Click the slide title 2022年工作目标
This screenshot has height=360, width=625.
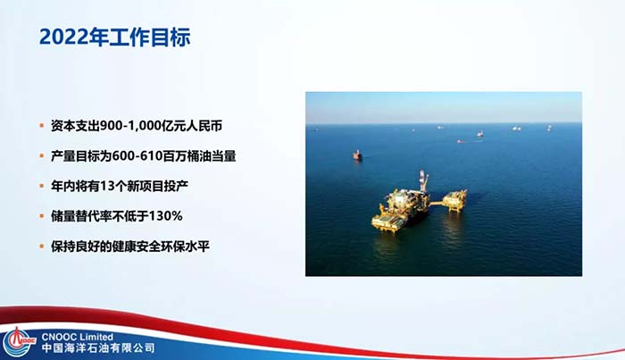[x=115, y=38]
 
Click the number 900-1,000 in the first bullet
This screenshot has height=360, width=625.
[x=130, y=126]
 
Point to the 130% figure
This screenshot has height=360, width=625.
[x=165, y=216]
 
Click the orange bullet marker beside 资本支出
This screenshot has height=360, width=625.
[x=41, y=126]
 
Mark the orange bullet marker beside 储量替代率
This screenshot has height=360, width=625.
[x=41, y=216]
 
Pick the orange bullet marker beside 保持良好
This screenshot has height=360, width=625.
[x=41, y=247]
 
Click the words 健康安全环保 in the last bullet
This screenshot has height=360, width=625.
[x=149, y=247]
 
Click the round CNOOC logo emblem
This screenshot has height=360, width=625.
[x=17, y=342]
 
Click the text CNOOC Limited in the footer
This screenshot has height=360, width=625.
[x=78, y=338]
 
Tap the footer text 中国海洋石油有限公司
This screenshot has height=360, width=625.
[x=98, y=348]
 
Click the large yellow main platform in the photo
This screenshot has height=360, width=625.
[x=400, y=209]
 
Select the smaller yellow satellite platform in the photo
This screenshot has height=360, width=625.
[x=454, y=199]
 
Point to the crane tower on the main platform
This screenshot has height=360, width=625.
[x=423, y=180]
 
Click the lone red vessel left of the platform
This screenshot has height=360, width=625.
[x=357, y=155]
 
